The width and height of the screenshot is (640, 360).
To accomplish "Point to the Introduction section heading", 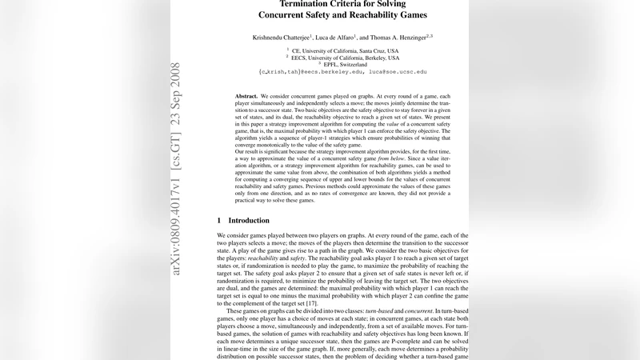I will (x=249, y=220).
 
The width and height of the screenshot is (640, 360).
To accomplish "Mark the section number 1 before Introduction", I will (x=220, y=220).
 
